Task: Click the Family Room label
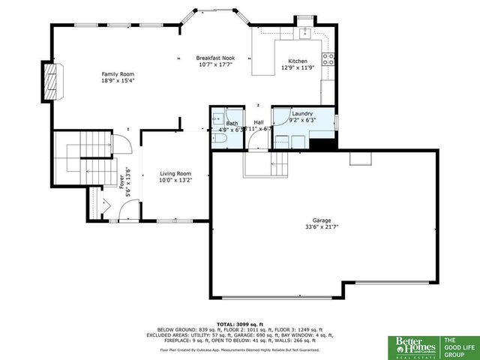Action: pos(117,73)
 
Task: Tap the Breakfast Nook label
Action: pos(215,58)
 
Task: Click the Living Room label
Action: pos(175,174)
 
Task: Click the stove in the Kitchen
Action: pos(328,60)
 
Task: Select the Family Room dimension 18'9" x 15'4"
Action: pos(117,80)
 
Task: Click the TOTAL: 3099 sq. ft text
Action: pos(239,323)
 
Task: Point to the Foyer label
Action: pos(121,181)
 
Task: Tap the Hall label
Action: pos(259,122)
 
